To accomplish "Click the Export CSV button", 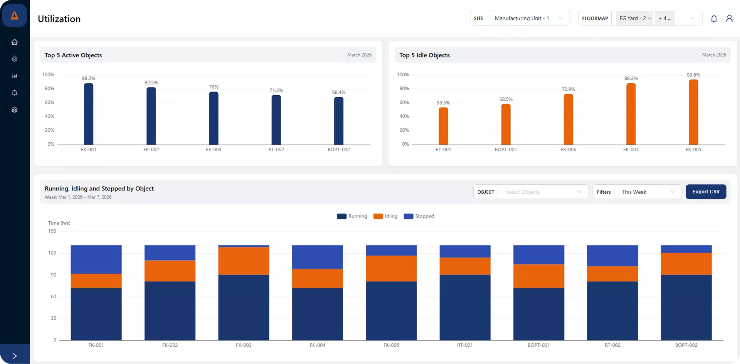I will click(706, 192).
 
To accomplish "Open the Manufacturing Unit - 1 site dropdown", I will click(528, 18).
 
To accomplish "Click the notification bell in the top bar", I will click(714, 19).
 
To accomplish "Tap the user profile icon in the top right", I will click(729, 18).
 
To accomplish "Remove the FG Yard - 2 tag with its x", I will click(649, 18).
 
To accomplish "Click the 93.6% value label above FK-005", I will click(693, 75).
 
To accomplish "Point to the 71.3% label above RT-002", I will click(276, 90).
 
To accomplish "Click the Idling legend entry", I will click(386, 216).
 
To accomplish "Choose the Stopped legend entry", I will click(419, 216).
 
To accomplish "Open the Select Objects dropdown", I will click(543, 192).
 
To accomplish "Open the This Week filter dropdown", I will click(647, 192).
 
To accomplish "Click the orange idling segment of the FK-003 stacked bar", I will click(244, 261).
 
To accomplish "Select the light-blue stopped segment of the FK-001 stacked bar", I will click(96, 259).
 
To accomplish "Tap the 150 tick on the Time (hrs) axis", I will click(52, 231).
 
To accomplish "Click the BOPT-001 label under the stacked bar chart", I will click(538, 345).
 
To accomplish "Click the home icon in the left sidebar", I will click(15, 42).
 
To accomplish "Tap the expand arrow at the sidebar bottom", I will click(15, 356).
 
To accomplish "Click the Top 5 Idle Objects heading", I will click(424, 55).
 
